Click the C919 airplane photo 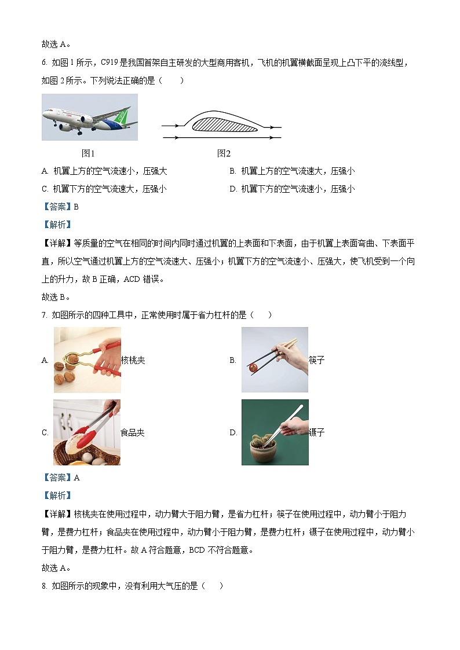click(89, 117)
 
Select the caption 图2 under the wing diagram click(224, 153)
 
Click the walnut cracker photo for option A click(87, 360)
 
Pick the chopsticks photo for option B click(275, 360)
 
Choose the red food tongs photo click(87, 432)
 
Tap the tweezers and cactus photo click(275, 432)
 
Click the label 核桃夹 click(133, 361)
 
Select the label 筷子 click(316, 361)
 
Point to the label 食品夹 click(133, 433)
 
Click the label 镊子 click(316, 433)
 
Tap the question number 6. click(44, 63)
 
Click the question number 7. click(44, 315)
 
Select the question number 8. click(44, 586)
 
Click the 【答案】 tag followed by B click(56, 207)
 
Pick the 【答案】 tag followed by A click(56, 478)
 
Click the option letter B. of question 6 click(233, 171)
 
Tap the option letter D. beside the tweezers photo click(233, 433)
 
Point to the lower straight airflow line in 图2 click(220, 138)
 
